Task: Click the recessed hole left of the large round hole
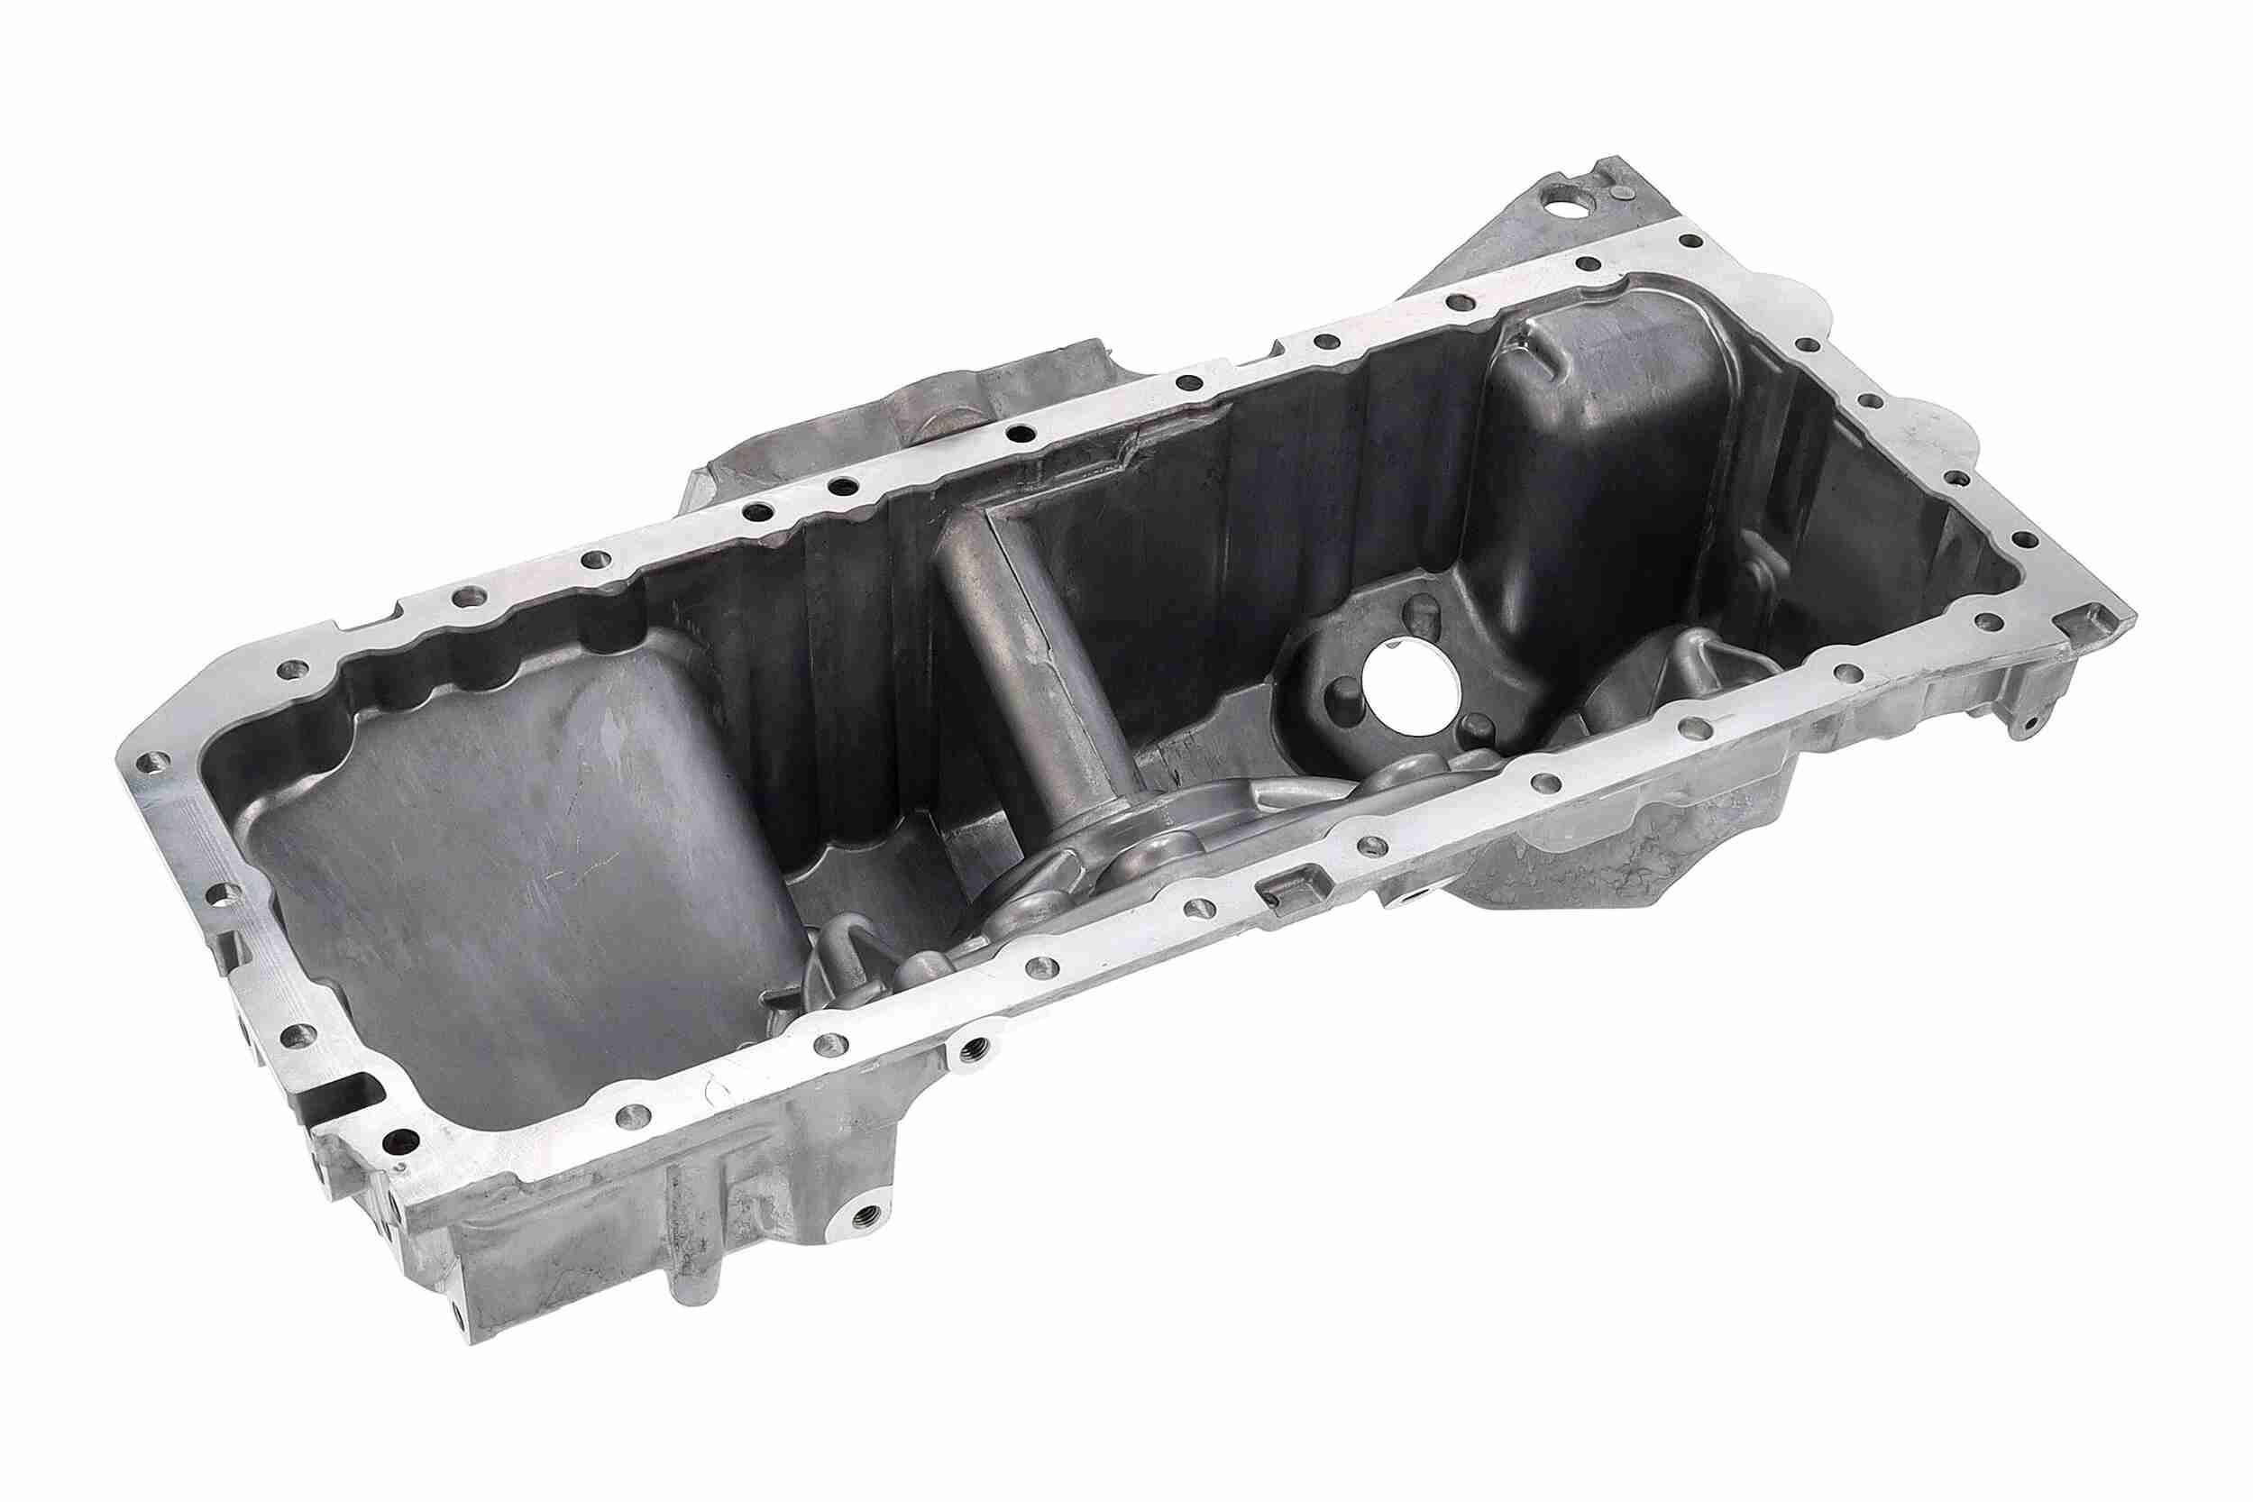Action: [x=1345, y=691]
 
